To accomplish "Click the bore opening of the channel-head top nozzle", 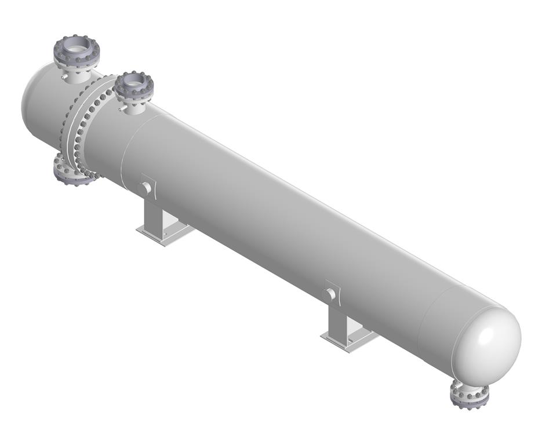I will [77, 47].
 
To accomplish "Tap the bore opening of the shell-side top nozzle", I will [134, 83].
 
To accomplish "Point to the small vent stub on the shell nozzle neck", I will [120, 108].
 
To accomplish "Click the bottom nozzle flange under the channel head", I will [74, 173].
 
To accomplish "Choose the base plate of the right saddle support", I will [348, 338].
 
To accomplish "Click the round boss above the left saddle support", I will [147, 187].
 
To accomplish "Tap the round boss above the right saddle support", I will [331, 294].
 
